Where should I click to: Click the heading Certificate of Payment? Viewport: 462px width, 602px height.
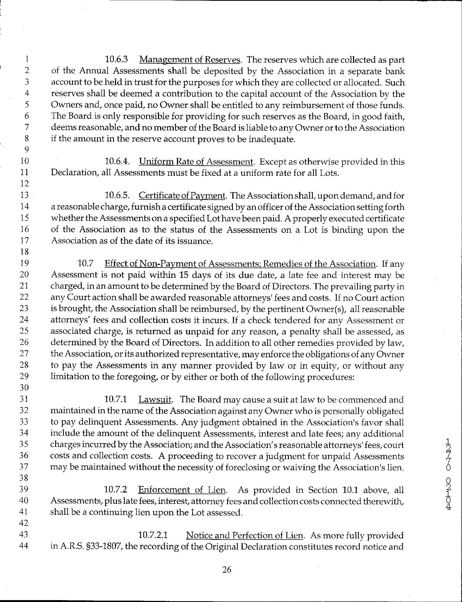coord(182,196)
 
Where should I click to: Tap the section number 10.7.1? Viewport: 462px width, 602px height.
coord(116,399)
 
